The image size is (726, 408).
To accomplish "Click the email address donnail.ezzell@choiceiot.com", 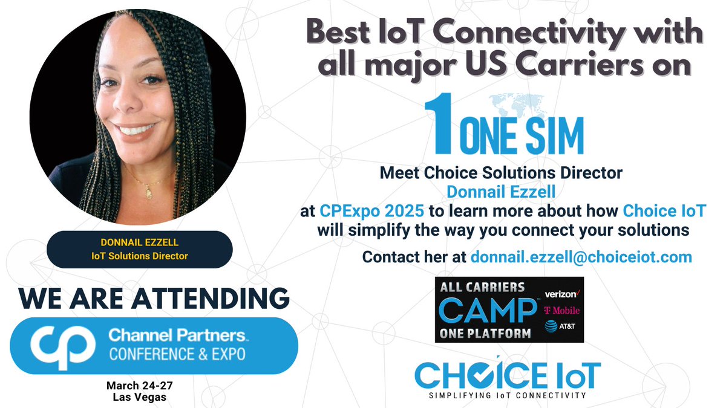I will click(581, 257).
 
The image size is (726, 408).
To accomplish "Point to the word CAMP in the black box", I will click(487, 311).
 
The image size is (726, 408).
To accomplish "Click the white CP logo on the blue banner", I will click(57, 345).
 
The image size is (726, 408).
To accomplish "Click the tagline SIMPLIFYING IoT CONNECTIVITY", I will click(508, 395).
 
